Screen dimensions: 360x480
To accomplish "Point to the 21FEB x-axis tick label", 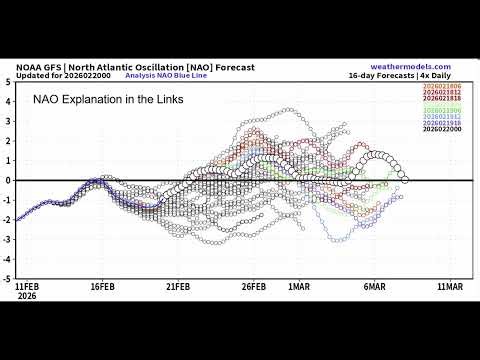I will tap(178, 286).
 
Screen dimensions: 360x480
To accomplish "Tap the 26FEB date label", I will tap(255, 286).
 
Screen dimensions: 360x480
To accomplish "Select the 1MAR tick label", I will tap(299, 286).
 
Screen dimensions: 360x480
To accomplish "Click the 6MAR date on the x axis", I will tap(374, 286).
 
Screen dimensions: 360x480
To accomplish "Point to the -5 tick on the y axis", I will tap(7, 278).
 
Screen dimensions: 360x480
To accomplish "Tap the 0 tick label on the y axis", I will tap(9, 180).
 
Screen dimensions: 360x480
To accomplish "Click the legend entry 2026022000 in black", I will tap(442, 129).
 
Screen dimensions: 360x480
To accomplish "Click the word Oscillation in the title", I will tap(153, 67).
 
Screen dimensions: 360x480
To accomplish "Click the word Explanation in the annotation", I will tap(101, 100).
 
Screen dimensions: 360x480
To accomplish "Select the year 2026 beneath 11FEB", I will tap(28, 295).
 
